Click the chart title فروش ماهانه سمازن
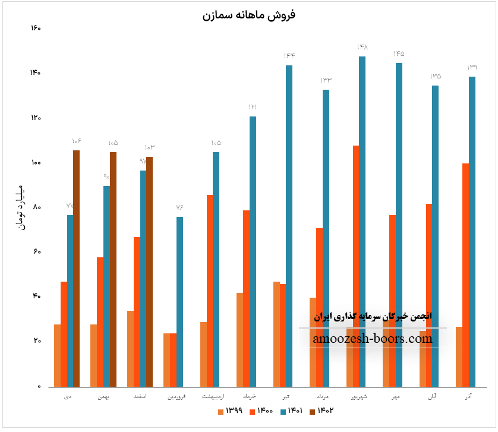(x=248, y=15)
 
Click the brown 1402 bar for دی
(x=76, y=268)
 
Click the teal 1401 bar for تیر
(x=289, y=226)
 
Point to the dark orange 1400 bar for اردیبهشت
(x=210, y=291)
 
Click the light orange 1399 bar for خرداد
(x=239, y=339)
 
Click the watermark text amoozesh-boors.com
(x=372, y=339)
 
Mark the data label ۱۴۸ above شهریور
(x=363, y=47)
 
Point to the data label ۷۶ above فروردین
(x=179, y=207)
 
